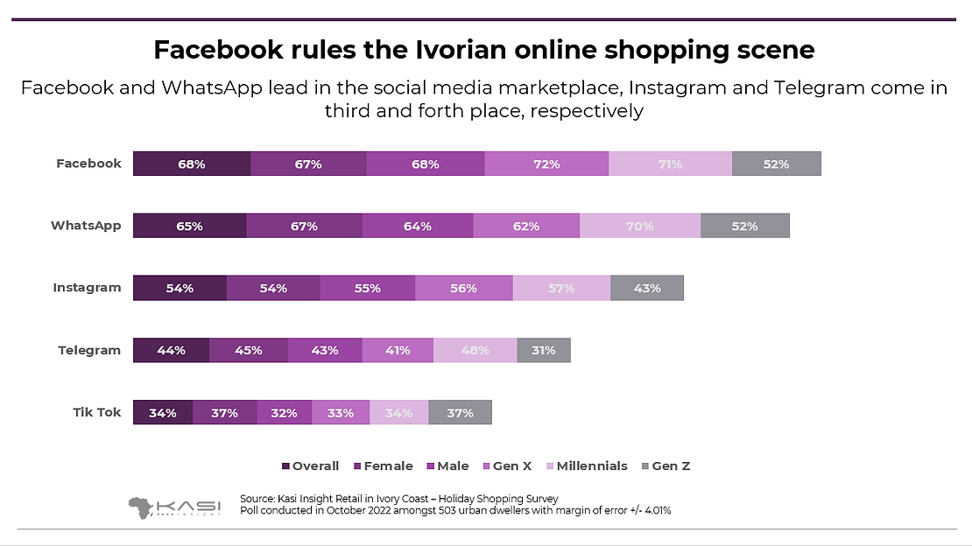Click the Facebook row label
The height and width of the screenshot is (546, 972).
click(88, 164)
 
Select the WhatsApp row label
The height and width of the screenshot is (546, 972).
click(86, 226)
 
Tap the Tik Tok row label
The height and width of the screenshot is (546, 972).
click(96, 412)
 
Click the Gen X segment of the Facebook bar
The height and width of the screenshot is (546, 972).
click(546, 164)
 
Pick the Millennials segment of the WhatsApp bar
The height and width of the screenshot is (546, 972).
click(639, 226)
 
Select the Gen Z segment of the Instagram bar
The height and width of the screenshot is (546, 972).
click(646, 288)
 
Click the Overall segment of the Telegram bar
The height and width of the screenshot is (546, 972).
click(171, 350)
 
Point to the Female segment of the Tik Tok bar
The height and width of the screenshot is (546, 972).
click(225, 412)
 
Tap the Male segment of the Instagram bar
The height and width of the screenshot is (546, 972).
click(367, 288)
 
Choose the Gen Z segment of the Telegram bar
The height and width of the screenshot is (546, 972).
click(543, 350)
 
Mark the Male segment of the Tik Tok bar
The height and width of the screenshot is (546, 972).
click(285, 412)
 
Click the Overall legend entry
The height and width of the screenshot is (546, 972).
click(310, 466)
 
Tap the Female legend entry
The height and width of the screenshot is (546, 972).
click(385, 466)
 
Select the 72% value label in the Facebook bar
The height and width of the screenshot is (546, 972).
click(546, 164)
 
